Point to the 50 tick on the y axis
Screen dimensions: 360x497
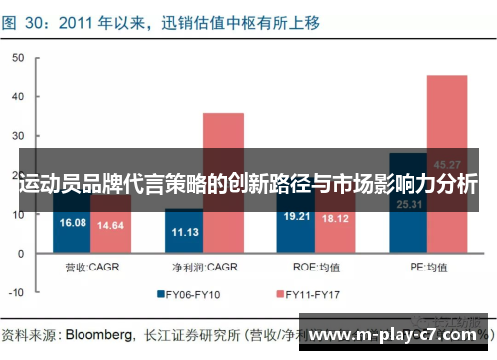click(18, 58)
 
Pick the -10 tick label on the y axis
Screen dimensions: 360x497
click(16, 293)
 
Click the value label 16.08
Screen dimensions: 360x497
click(74, 222)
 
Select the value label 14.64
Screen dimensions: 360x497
click(111, 226)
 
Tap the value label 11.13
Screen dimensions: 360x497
click(184, 232)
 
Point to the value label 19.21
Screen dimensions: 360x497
click(297, 215)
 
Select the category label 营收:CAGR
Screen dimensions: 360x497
click(92, 266)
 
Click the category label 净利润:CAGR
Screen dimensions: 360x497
click(203, 266)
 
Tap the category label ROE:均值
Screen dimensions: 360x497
click(316, 266)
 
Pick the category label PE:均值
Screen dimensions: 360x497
click(428, 266)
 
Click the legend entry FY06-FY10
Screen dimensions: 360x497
click(195, 295)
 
